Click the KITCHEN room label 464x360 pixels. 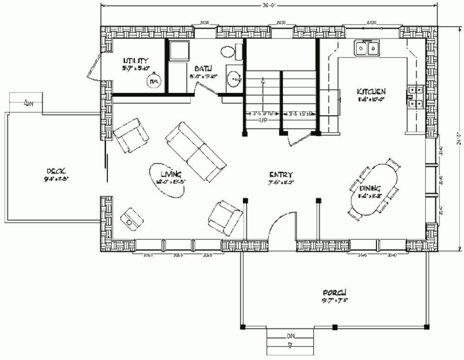371,91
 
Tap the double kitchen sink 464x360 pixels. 367,48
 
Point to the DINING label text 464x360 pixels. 370,189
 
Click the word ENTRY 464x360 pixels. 281,175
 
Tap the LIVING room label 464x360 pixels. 170,174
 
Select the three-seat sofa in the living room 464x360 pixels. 196,151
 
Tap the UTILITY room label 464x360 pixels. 135,61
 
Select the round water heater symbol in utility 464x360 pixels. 153,82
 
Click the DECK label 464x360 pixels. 55,170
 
